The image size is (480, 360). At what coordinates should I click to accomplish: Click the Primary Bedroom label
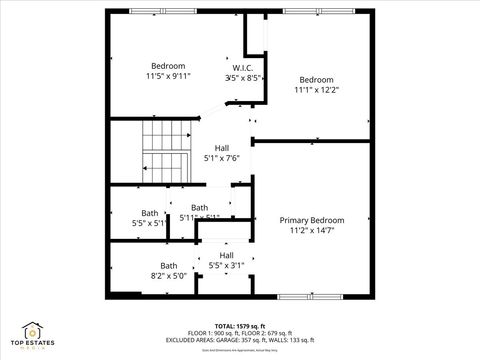coord(311,220)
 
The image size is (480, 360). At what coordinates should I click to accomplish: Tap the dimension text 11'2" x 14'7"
coord(311,230)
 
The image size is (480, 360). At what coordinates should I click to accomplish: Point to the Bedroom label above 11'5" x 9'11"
coord(168,65)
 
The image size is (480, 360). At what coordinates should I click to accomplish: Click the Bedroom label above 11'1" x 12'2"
coord(316,79)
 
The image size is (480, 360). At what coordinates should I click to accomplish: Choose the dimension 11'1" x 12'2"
coord(316,89)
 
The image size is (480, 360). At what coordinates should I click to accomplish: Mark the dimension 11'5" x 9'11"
coord(168,75)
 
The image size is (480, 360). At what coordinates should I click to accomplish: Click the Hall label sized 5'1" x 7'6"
coord(221,147)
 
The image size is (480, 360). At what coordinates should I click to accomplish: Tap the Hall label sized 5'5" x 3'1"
coord(226,255)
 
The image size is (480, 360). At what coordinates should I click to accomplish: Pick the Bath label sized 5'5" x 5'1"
coord(149,212)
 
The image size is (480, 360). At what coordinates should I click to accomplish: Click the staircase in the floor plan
coord(165,150)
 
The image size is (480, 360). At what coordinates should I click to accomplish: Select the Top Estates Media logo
coord(33,336)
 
